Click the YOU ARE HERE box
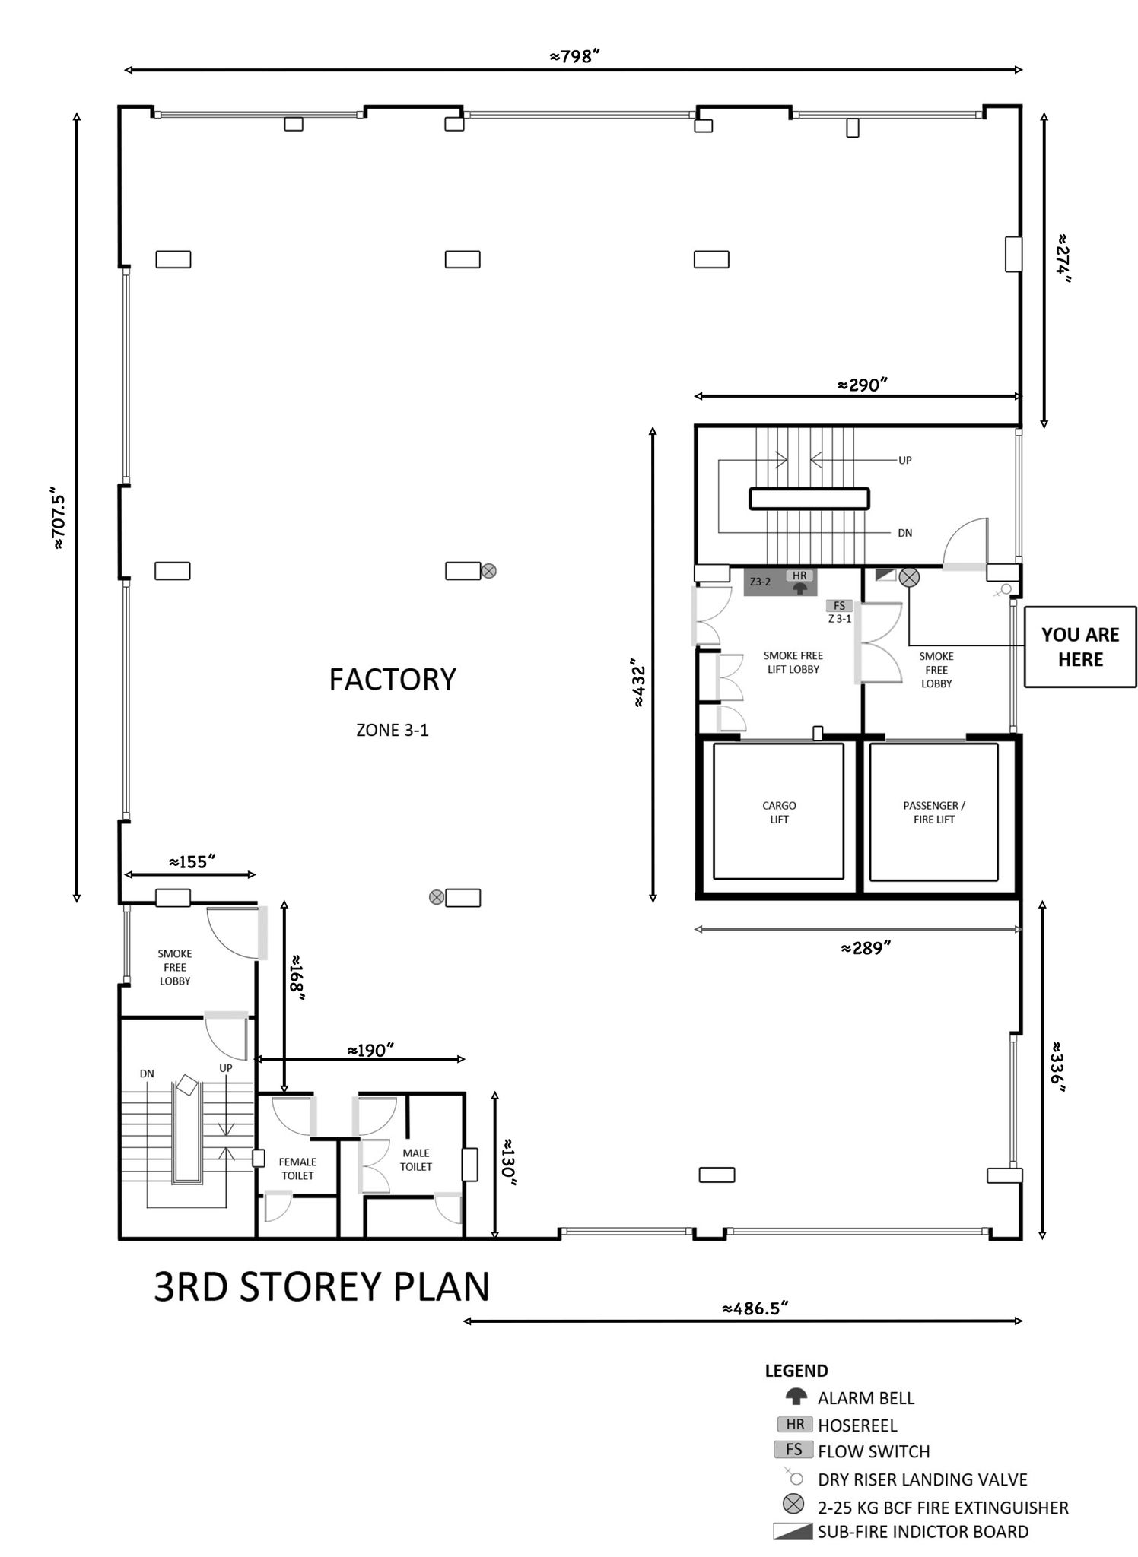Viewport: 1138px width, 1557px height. pos(1079,647)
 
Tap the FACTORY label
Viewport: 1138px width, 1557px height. pos(393,680)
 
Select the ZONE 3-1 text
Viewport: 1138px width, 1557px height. pos(393,730)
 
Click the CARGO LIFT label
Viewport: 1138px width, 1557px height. pos(779,812)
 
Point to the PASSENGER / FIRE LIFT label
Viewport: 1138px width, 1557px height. pos(934,812)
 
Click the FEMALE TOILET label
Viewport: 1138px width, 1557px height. pos(297,1169)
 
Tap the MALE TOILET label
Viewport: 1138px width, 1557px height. pos(416,1159)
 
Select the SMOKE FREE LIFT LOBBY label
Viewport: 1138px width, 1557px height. pos(793,662)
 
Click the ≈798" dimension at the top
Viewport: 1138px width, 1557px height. pos(576,56)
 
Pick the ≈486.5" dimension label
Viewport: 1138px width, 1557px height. pos(755,1308)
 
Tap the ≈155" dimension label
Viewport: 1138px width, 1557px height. pos(192,862)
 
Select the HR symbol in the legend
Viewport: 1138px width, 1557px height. pos(794,1424)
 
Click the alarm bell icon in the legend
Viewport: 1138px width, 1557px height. pos(796,1397)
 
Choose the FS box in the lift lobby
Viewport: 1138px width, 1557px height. pos(839,606)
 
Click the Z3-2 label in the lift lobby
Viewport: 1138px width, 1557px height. pos(760,582)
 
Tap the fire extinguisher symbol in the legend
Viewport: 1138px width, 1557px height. pos(793,1503)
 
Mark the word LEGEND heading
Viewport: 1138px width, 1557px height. pos(796,1371)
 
